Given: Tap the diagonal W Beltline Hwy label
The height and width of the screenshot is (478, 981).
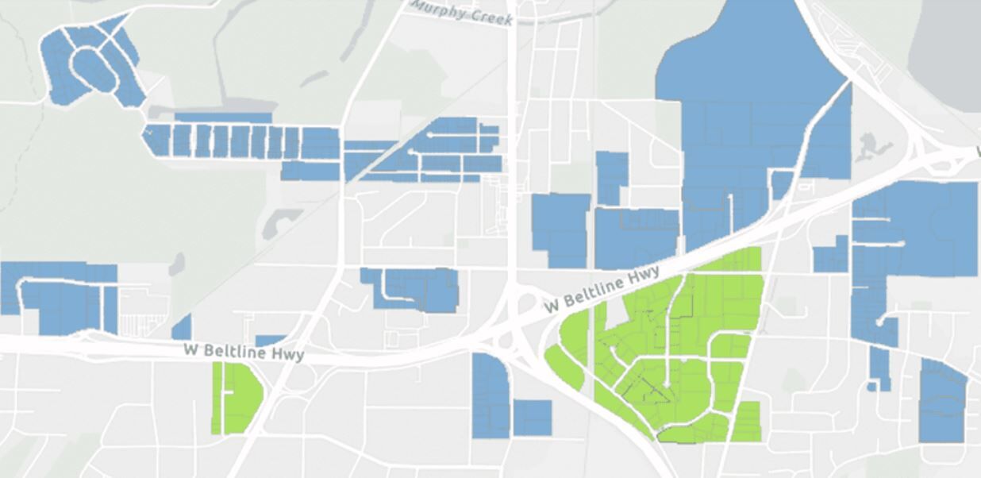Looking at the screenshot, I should point(603,291).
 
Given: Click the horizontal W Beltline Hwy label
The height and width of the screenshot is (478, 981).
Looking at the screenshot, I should point(244,351).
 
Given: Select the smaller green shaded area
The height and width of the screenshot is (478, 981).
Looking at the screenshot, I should point(237,398).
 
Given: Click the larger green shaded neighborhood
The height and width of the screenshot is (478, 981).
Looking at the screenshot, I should point(675,349).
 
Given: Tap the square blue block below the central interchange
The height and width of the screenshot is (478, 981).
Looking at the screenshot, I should point(532,418).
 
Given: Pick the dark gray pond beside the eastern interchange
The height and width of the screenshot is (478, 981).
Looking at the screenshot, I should point(873,146).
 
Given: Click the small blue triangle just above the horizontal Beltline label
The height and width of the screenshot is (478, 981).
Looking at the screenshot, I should point(183,327).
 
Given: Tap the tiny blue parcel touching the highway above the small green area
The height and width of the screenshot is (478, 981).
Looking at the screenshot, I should point(270,341).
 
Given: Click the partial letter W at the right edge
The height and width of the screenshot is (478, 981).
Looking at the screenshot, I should point(976,150).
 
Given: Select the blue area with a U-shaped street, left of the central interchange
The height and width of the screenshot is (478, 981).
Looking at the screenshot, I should point(413,287).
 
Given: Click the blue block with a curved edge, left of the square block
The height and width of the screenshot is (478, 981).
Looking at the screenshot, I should point(490,395).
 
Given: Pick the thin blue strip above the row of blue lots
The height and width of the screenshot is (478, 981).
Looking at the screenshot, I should point(223,118).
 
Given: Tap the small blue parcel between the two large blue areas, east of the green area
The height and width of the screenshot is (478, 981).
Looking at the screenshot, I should point(832,256).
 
